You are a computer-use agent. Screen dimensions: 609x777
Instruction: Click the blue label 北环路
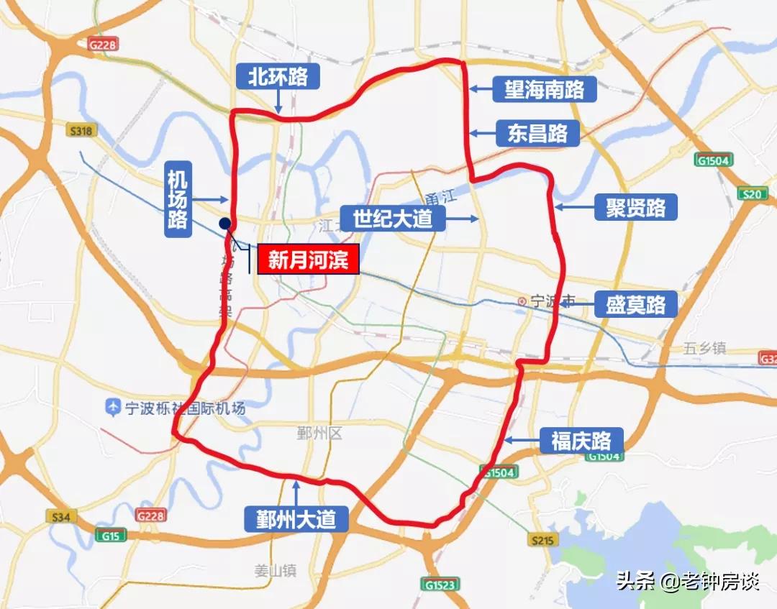click(278, 77)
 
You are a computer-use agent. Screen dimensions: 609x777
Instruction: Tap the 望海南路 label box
click(538, 90)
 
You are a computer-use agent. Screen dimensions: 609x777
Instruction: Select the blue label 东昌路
click(537, 134)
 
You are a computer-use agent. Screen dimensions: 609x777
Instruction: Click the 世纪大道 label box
click(393, 218)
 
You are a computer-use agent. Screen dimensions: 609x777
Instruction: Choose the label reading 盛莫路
click(636, 304)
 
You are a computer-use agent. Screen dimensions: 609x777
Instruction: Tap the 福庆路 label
click(581, 441)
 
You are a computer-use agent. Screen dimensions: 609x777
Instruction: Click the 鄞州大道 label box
click(296, 518)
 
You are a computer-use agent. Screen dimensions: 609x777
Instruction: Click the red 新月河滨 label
click(308, 260)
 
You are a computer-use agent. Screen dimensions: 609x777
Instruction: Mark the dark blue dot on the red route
click(225, 224)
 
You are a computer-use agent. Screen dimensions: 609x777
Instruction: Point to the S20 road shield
click(752, 193)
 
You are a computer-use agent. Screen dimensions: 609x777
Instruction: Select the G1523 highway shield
click(439, 585)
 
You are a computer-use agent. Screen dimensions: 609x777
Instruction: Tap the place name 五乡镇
click(704, 349)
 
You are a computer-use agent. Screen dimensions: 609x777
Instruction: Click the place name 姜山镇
click(276, 572)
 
